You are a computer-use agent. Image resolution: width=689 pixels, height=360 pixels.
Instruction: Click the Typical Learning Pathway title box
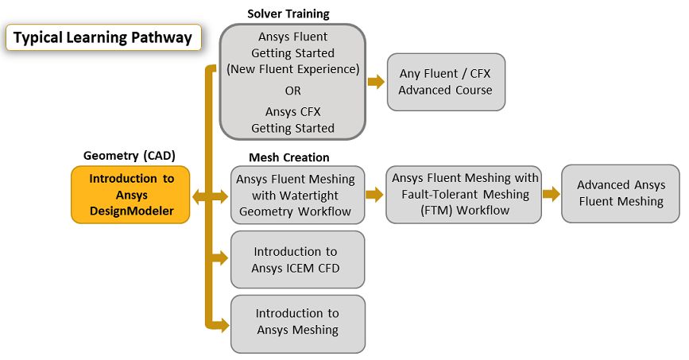coord(103,37)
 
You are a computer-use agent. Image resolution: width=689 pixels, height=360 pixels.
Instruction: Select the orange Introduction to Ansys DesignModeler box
coord(131,195)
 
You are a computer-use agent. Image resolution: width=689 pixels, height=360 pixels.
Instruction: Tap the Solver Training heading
coord(288,14)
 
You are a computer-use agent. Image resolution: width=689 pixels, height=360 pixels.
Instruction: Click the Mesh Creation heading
coord(289,157)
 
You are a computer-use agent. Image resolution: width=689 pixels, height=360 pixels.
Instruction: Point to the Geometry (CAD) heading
coord(129,155)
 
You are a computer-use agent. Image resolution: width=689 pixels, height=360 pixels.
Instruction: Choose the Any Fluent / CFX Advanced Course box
coord(445,82)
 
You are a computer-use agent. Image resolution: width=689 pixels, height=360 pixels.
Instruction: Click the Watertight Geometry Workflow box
coord(298,195)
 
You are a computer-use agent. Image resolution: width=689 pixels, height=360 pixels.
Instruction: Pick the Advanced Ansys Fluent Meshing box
coord(621,193)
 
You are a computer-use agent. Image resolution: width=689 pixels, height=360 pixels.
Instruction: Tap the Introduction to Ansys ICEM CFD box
coord(298,260)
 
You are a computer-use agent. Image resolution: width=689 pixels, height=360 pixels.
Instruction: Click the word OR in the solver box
coord(292,91)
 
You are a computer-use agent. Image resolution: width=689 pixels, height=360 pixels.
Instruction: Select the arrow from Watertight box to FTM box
coord(375,194)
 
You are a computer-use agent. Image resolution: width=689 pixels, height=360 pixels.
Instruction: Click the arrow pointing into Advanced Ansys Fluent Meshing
coord(551,194)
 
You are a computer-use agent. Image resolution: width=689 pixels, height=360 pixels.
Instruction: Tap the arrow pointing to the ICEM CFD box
coord(220,257)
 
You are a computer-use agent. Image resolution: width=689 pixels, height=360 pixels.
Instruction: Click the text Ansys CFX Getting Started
coord(292,119)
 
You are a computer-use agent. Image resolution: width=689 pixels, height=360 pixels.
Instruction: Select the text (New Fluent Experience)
coord(292,69)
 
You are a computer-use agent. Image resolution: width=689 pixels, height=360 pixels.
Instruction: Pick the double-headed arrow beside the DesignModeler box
coord(203,195)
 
